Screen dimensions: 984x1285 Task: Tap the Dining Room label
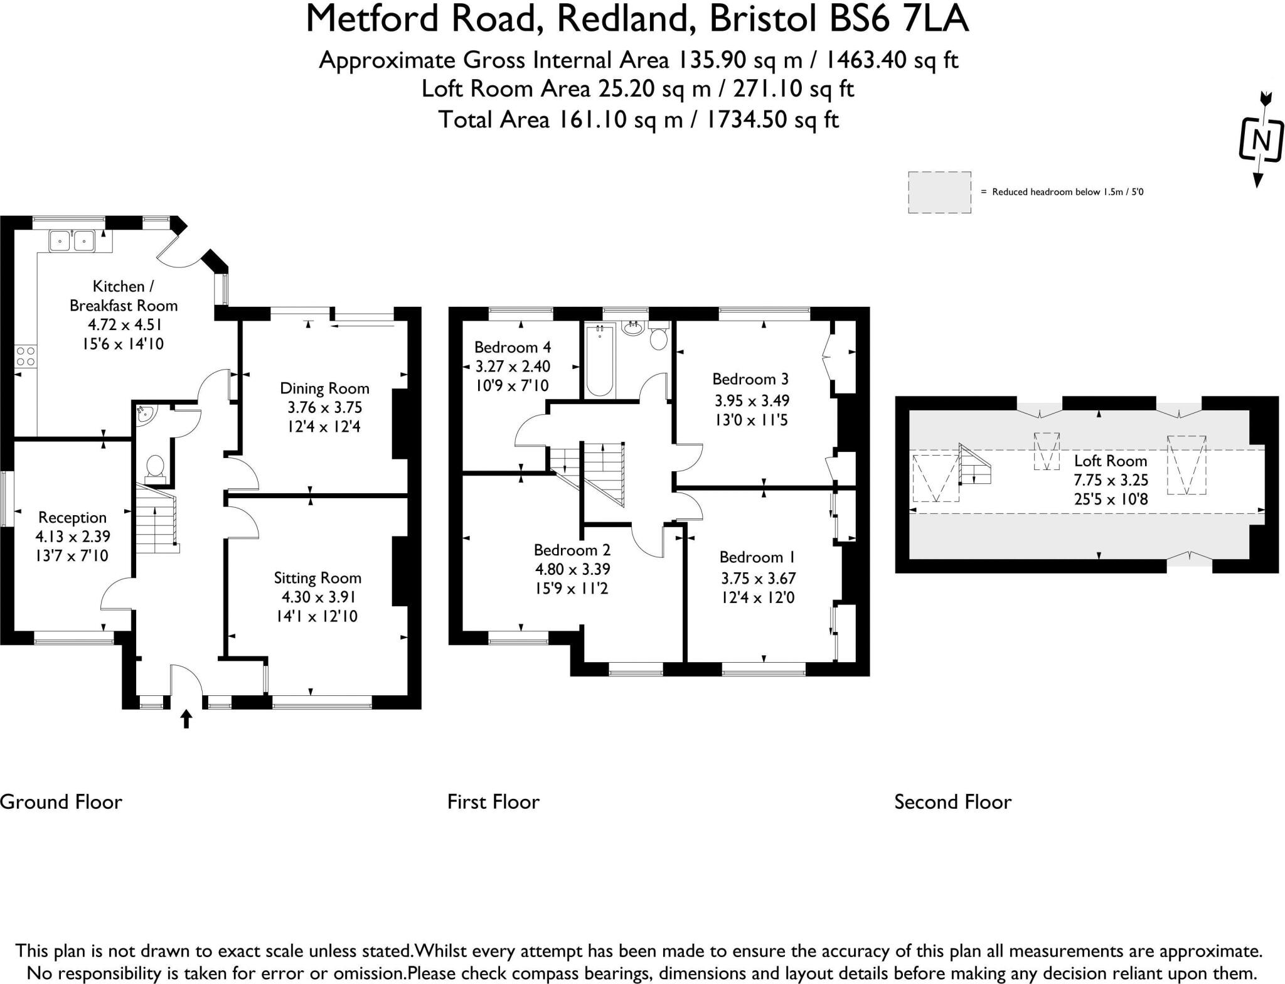coord(324,388)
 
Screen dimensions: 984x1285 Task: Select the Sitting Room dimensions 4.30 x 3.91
coord(317,597)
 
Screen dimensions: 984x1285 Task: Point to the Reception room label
coord(72,518)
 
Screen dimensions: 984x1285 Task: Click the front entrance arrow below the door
coord(186,719)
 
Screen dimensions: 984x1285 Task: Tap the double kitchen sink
coord(73,240)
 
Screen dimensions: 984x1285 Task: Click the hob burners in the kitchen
coord(26,356)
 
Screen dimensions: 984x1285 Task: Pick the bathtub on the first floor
coord(599,362)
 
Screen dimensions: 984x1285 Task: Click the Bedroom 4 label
coord(513,347)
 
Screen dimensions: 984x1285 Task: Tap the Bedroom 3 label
coord(750,379)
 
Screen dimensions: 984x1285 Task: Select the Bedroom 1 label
coord(758,557)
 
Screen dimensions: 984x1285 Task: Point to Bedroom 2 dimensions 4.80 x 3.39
coord(572,569)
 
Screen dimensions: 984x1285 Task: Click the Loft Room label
coord(1110,461)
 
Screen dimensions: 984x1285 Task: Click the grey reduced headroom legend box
coord(939,192)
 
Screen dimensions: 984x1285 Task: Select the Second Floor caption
coord(952,802)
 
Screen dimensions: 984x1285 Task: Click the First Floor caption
coord(493,802)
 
